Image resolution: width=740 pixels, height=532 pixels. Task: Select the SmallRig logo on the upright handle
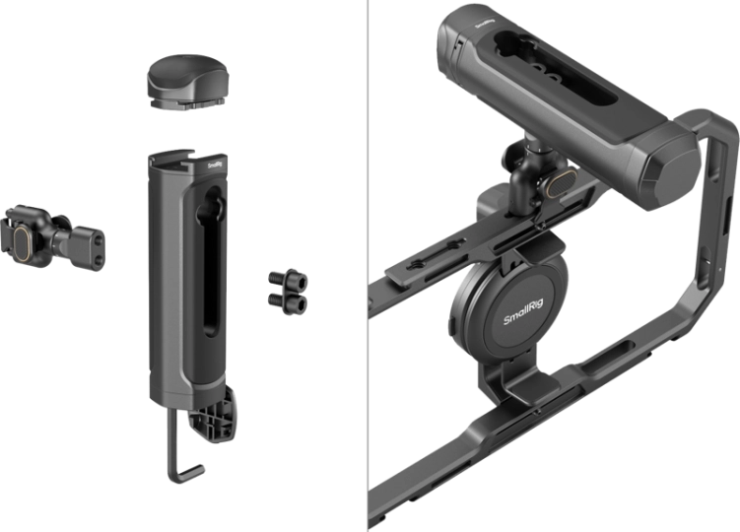[217, 166]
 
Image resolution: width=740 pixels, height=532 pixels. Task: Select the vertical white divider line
[365, 266]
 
